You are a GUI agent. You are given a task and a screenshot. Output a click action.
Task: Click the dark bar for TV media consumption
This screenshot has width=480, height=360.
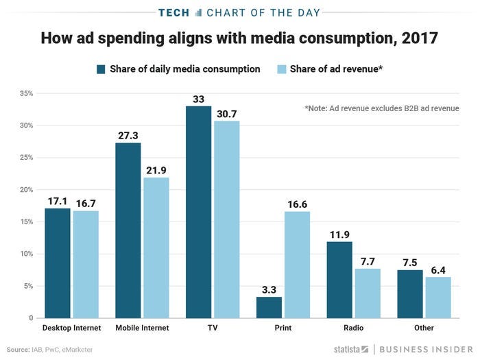(198, 213)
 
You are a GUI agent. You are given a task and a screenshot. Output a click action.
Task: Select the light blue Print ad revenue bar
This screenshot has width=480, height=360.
(296, 265)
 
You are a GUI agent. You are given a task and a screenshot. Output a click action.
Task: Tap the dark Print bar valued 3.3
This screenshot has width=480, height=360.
(269, 307)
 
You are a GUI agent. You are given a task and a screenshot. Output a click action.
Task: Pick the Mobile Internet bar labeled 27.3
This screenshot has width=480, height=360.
(128, 230)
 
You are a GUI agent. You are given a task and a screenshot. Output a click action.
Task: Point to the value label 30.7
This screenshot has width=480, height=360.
(226, 113)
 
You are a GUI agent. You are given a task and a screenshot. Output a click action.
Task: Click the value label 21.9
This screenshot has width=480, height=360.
(156, 170)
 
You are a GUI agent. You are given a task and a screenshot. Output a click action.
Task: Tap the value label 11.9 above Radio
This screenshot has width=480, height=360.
(339, 234)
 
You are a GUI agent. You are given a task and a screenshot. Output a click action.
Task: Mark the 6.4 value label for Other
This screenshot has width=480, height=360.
(437, 269)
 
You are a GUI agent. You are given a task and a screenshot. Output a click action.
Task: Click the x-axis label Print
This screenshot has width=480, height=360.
(283, 328)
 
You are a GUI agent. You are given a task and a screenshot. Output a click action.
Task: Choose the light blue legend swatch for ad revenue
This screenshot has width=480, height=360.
(280, 69)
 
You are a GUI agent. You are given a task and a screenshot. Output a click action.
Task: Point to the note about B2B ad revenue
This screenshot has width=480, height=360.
(381, 108)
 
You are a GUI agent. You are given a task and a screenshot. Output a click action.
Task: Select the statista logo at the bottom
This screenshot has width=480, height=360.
(351, 349)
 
